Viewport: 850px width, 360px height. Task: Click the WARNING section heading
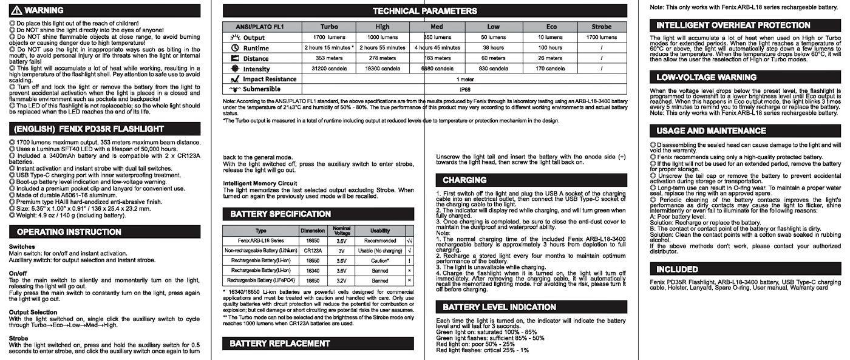44,10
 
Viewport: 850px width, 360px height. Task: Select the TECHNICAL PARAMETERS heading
424,11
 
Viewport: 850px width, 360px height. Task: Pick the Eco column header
551,27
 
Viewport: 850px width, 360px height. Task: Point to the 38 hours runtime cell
493,47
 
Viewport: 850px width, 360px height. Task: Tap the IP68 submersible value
465,89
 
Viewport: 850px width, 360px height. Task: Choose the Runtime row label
256,48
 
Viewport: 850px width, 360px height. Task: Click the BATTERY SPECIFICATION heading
280,214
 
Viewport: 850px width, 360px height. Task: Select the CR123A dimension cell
313,250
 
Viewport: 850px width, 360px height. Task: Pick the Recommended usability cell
380,240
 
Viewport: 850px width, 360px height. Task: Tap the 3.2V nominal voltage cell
341,280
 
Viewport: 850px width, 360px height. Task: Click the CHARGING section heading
464,180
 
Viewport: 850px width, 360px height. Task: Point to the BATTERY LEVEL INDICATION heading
499,307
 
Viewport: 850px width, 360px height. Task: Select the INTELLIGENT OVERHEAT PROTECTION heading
724,25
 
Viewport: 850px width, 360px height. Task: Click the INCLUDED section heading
677,269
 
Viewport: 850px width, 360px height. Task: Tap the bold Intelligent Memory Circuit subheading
260,183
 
